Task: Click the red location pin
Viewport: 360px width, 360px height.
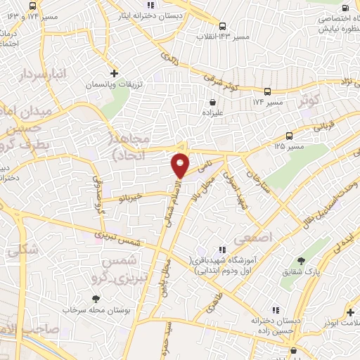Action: coord(181,165)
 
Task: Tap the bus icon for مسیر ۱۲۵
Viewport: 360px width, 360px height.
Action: coord(290,136)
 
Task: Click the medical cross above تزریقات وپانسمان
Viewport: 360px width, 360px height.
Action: coord(115,73)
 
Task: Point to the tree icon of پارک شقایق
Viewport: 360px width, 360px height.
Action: coord(303,261)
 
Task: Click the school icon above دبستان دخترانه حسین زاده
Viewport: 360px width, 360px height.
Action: coord(276,309)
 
